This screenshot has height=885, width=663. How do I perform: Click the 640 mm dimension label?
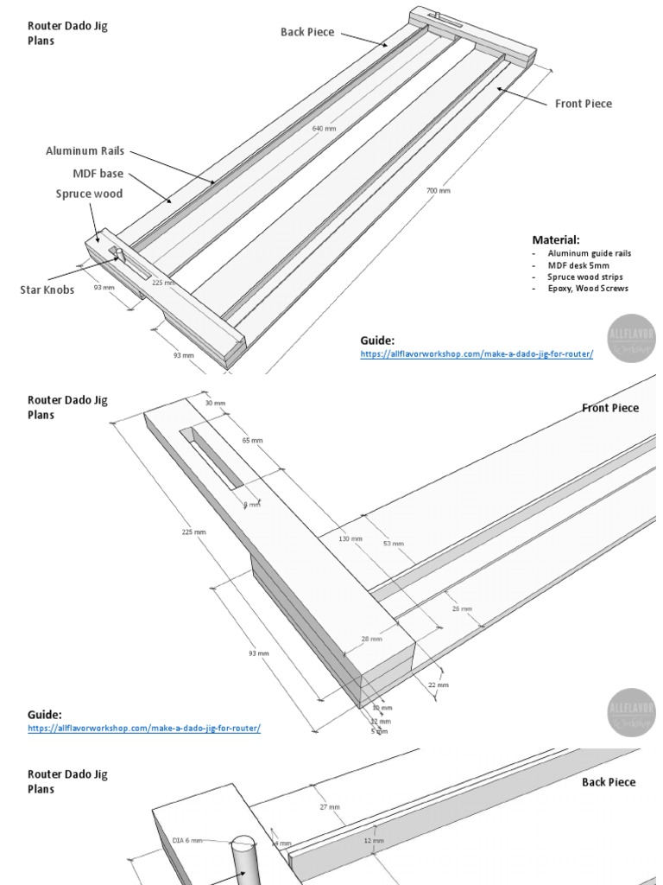[x=325, y=129]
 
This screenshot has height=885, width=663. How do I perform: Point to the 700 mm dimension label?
[x=439, y=191]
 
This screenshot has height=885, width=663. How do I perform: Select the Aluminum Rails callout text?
[x=85, y=151]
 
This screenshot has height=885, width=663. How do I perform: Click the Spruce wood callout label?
[x=89, y=194]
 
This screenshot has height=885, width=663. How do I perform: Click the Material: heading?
[x=556, y=239]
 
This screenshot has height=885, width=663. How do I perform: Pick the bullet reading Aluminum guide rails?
[x=589, y=253]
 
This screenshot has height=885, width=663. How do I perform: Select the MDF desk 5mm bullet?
[x=578, y=264]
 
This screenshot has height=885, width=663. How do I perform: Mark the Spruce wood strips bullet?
[x=584, y=277]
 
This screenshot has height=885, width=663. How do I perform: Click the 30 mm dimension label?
[x=214, y=403]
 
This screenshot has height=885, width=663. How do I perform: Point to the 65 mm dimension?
[x=253, y=441]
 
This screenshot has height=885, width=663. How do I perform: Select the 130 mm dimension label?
[x=350, y=539]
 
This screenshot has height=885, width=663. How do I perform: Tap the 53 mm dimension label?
[x=392, y=544]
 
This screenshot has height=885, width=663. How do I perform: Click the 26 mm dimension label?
[x=463, y=608]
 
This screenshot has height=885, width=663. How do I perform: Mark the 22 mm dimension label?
[x=439, y=684]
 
